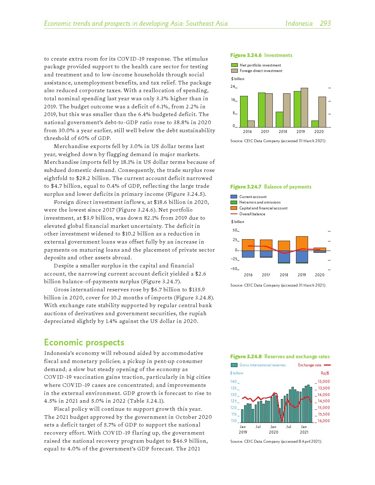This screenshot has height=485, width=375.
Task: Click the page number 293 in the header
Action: coord(325,24)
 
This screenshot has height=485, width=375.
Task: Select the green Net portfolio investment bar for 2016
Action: coord(244,111)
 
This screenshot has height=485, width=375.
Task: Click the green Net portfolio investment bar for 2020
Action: coord(315,124)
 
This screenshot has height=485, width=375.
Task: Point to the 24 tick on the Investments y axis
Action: coord(233,87)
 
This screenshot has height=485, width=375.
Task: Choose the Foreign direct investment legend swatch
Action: coord(235,71)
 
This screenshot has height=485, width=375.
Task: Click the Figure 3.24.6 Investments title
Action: coord(261,55)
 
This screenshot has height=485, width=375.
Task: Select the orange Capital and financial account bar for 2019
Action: coord(302,243)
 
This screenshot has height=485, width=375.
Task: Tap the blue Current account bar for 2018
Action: coord(284,256)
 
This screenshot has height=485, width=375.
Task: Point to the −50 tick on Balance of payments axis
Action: coord(234,269)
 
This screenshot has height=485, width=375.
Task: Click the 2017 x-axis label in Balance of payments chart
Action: coord(266,275)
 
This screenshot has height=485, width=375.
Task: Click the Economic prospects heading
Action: coord(84,342)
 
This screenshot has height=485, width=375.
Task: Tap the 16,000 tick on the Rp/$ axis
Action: coord(324,421)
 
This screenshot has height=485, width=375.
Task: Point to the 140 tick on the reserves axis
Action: coord(233,381)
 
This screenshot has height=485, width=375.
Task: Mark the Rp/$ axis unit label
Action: coord(325,373)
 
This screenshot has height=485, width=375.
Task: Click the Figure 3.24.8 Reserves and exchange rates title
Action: coord(280,356)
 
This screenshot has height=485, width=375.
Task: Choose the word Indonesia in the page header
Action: coord(299,24)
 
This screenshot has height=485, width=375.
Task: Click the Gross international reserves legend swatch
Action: coord(234,365)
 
